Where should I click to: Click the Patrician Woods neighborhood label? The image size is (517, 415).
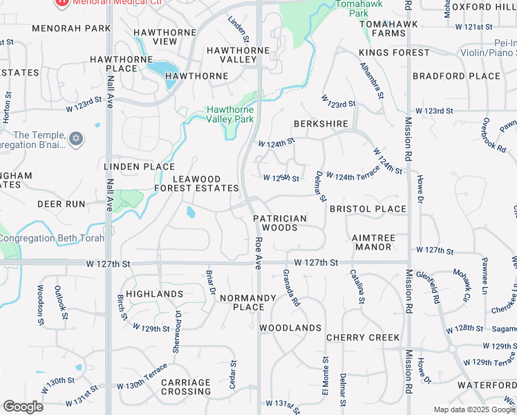(x=280, y=223)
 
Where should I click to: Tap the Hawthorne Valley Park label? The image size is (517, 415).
(x=230, y=114)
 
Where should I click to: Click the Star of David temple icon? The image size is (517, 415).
(x=76, y=139)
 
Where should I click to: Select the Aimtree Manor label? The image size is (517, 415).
(x=374, y=242)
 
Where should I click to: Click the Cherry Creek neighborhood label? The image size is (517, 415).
(x=363, y=338)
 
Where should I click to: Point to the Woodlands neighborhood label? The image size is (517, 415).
(x=290, y=328)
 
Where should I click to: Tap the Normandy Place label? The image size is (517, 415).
(x=248, y=302)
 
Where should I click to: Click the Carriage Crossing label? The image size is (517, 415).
(x=186, y=387)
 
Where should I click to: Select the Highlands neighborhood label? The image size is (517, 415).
(x=155, y=294)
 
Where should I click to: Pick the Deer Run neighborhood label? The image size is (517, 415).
(x=61, y=205)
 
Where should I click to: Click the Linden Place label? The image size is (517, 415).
(x=139, y=167)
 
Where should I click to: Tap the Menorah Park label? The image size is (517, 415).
(x=71, y=29)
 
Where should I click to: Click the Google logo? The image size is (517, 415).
(x=23, y=406)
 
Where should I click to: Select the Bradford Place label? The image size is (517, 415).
(x=456, y=76)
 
